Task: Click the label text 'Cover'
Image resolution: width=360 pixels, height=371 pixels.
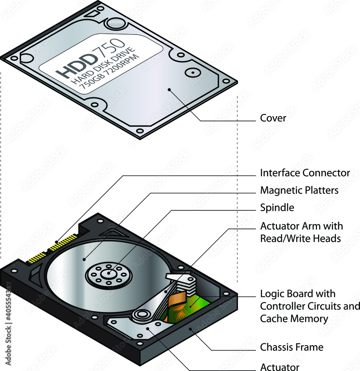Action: tap(273, 118)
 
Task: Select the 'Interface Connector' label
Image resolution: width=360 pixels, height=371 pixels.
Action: tap(305, 173)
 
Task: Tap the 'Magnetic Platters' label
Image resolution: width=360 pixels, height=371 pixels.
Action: tap(299, 190)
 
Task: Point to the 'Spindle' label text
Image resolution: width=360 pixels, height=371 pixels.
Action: tap(277, 208)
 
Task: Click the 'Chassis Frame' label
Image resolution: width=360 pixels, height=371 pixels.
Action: tap(291, 347)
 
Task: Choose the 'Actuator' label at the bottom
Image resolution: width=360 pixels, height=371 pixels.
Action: tap(280, 367)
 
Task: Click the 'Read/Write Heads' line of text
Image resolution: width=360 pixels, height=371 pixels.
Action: tap(300, 238)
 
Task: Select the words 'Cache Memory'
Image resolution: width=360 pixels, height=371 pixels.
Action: tap(294, 318)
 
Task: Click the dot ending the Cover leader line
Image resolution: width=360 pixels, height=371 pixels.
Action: tap(169, 89)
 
